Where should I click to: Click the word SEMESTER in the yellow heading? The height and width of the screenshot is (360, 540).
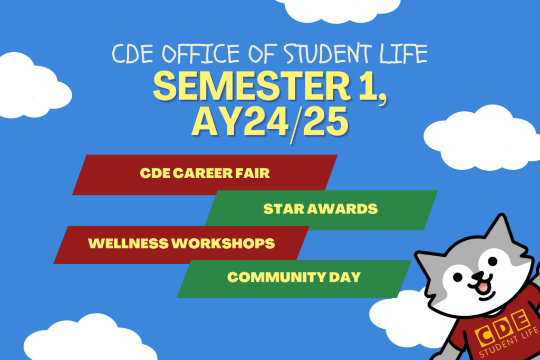pos(243,87)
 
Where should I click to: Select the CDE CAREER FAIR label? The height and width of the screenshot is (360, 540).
pos(205,173)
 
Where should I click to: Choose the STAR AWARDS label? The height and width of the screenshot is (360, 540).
pos(321,209)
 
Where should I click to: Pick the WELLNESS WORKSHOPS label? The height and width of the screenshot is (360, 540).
pos(181,244)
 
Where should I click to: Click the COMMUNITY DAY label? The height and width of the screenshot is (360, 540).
pos(294,277)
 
